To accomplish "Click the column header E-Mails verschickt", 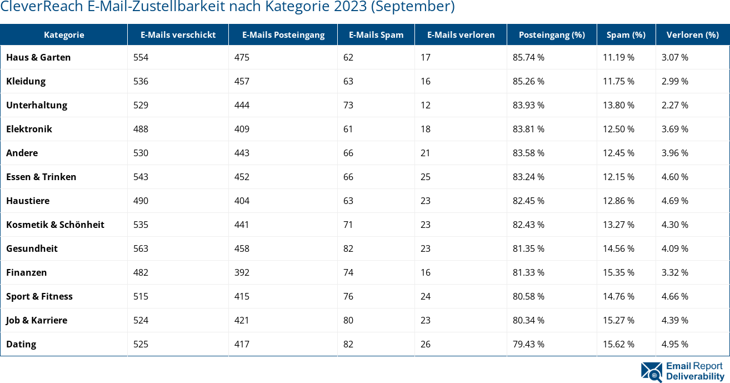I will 178,34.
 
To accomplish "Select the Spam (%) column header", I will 626,34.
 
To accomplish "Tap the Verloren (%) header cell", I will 692,34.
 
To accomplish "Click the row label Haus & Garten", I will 38,57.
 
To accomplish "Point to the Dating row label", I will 21,344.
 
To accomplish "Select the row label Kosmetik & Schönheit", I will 55,225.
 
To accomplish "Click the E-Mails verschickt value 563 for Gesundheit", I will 141,248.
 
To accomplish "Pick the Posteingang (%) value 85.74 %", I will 528,57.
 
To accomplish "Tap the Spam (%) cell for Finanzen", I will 618,272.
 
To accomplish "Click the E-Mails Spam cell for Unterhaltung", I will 348,105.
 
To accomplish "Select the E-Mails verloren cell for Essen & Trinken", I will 425,177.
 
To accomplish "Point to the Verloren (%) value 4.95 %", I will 674,344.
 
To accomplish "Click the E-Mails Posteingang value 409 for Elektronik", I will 242,129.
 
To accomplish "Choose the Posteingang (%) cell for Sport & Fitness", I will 528,296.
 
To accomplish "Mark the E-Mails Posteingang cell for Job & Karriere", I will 242,320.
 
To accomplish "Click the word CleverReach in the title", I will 38,7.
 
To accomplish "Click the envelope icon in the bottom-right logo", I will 651,372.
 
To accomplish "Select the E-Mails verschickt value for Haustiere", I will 141,201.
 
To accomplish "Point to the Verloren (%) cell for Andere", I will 674,153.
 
